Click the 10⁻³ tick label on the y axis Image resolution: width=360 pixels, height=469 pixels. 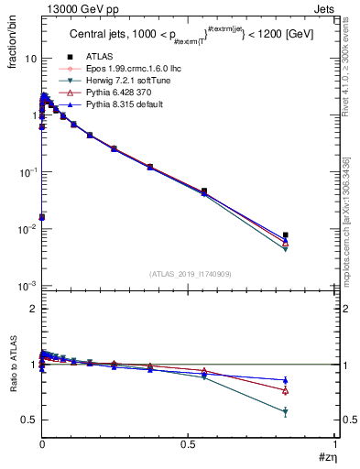[27, 286]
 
